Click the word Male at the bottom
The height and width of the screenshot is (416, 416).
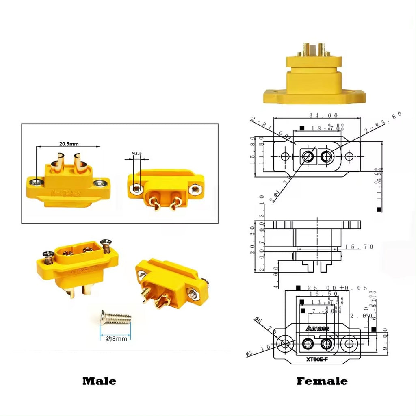pyautogui.click(x=99, y=381)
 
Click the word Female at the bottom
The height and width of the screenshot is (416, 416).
pyautogui.click(x=322, y=381)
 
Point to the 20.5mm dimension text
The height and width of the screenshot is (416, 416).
pyautogui.click(x=69, y=143)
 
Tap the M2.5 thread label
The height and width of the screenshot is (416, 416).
pyautogui.click(x=136, y=154)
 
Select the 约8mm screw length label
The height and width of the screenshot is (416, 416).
pyautogui.click(x=116, y=338)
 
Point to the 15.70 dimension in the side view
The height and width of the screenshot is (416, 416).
pyautogui.click(x=359, y=247)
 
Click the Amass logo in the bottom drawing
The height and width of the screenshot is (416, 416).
pyautogui.click(x=317, y=328)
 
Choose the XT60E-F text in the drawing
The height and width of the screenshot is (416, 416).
pyautogui.click(x=317, y=359)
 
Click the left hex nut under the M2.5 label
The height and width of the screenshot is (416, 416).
pyautogui.click(x=138, y=188)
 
